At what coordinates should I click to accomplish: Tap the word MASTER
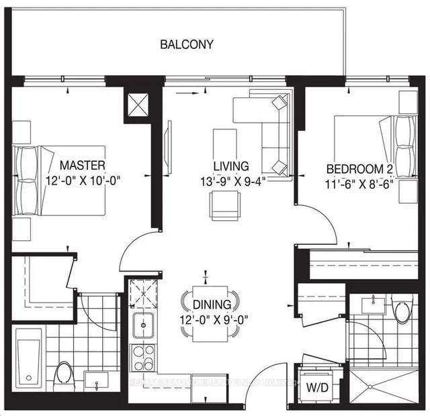[82, 164]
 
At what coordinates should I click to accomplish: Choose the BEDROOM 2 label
[356, 168]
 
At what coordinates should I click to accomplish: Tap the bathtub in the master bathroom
[30, 360]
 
